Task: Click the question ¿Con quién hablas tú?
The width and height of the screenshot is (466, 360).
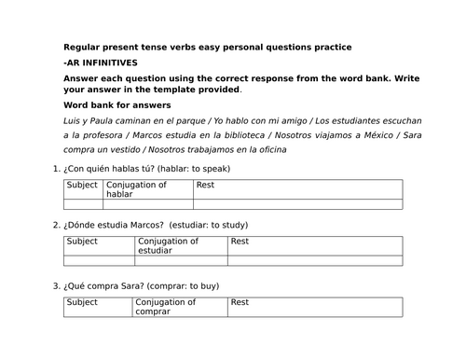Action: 109,169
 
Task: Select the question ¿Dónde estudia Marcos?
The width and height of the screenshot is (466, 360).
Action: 115,226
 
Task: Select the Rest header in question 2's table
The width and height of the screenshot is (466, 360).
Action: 240,242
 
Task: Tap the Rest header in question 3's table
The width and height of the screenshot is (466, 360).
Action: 240,302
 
